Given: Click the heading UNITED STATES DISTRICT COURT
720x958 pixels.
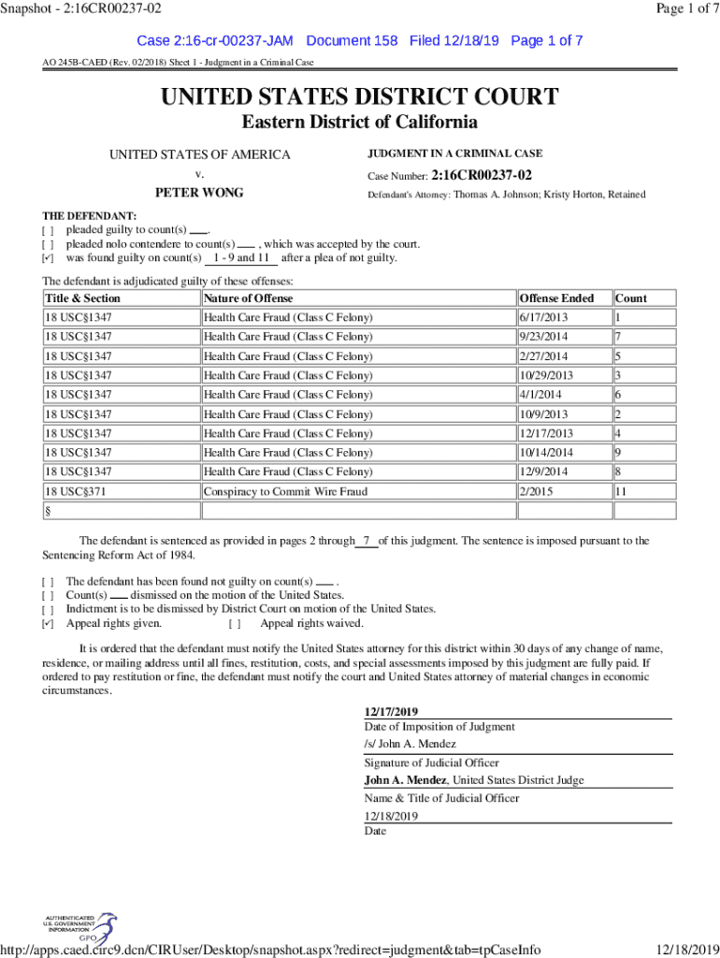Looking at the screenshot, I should (360, 96).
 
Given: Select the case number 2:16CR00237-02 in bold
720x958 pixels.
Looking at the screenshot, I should (482, 175).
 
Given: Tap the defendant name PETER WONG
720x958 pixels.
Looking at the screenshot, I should (199, 193).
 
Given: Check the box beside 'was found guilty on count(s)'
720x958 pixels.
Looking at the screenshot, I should (49, 258).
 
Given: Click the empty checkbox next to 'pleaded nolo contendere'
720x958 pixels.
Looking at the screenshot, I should (49, 244).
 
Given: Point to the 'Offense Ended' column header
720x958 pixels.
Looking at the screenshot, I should (556, 298).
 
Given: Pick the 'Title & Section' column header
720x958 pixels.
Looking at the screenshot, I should (83, 298).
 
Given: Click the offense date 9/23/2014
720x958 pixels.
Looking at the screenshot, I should (543, 337).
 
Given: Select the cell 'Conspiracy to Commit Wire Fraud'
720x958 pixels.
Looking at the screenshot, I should (285, 491).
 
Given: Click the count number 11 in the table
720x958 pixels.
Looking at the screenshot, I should (622, 491).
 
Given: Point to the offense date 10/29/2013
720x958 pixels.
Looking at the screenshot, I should (547, 375).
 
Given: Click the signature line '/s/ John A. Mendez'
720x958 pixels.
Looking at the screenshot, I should (410, 744).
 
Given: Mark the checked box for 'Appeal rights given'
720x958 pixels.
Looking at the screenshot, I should (49, 624).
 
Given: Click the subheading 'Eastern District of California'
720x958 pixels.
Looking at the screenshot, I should (360, 123).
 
